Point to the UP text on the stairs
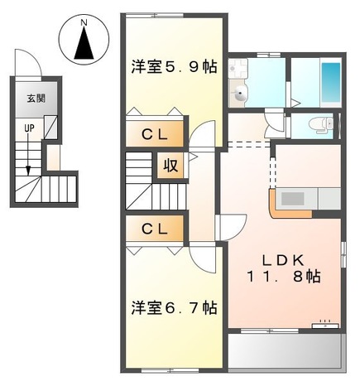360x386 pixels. [x=29, y=128]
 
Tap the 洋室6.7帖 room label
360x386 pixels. [x=175, y=308]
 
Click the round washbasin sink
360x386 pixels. [x=241, y=94]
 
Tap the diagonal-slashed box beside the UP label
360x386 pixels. [x=50, y=127]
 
